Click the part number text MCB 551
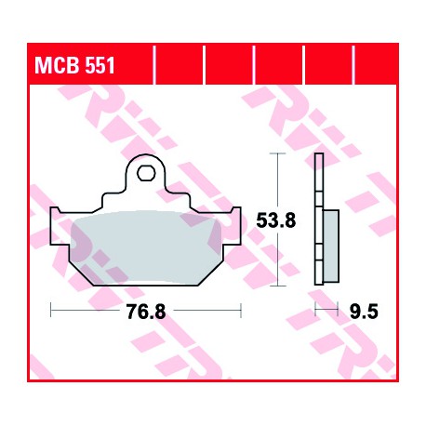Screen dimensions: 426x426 [74, 65]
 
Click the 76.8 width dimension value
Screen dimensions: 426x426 [146, 312]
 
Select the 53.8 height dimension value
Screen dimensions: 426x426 [276, 220]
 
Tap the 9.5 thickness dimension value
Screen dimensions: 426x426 [364, 312]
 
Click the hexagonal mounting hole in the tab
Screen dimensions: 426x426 [146, 173]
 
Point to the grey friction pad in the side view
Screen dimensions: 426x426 [331, 246]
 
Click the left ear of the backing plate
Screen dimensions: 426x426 [60, 226]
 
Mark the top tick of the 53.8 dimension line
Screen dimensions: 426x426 [277, 153]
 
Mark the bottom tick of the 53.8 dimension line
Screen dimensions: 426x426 [277, 286]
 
